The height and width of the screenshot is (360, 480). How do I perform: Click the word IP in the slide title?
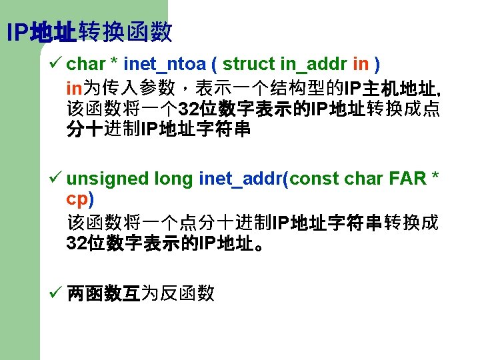tap(17, 31)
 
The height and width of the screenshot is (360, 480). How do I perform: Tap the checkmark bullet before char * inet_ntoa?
tap(57, 63)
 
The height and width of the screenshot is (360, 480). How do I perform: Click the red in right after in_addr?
tap(361, 64)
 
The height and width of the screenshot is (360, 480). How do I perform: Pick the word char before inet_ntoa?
tap(86, 64)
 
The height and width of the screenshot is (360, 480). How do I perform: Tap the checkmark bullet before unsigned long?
tap(57, 178)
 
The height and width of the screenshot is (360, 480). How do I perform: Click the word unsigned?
tap(107, 179)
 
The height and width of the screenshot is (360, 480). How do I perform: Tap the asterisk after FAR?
tap(435, 176)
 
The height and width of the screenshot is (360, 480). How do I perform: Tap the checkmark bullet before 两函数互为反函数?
tap(57, 291)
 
